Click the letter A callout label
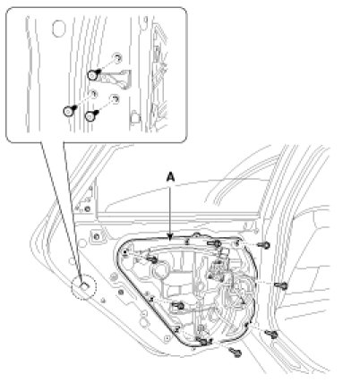click(x=170, y=178)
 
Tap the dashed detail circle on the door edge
click(x=84, y=287)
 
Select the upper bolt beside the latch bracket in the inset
click(x=93, y=74)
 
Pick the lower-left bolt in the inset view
click(x=69, y=111)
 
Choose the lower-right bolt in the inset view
click(x=90, y=115)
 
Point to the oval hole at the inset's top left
click(x=58, y=29)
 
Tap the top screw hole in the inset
click(x=117, y=57)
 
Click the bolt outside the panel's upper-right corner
click(x=264, y=245)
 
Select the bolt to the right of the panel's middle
click(x=281, y=285)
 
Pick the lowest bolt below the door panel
click(x=236, y=352)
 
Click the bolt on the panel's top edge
click(x=216, y=243)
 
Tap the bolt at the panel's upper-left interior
click(x=152, y=259)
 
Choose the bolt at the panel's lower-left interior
click(x=178, y=306)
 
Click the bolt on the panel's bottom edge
click(x=202, y=341)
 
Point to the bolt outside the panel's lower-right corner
click(x=272, y=335)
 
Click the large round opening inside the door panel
click(x=161, y=270)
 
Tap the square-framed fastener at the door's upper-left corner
click(x=97, y=237)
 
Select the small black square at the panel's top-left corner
click(x=124, y=252)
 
